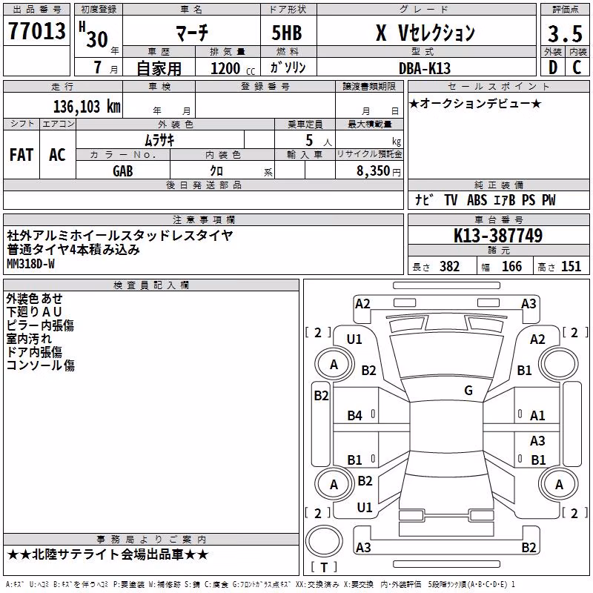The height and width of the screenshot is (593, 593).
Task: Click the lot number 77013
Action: [36, 30]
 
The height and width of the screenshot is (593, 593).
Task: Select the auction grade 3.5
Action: [565, 33]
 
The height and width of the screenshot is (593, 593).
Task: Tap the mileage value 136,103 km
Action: [87, 107]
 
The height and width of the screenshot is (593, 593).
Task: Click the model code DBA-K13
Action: [425, 68]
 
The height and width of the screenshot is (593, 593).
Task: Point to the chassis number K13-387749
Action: [498, 236]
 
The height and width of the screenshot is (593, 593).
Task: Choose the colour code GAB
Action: [123, 171]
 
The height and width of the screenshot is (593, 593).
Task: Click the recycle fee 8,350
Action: [374, 171]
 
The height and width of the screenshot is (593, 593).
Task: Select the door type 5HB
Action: [287, 33]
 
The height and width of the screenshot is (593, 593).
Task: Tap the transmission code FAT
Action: [21, 155]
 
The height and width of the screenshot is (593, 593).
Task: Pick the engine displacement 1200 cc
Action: [233, 68]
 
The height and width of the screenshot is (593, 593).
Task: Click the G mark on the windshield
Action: [468, 390]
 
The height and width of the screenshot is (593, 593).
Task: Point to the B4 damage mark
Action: [354, 416]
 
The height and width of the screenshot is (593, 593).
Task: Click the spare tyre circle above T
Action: [324, 541]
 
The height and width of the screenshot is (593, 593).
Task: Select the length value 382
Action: [449, 266]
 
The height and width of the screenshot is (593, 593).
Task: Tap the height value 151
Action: [571, 266]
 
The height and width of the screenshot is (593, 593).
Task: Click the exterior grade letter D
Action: [553, 67]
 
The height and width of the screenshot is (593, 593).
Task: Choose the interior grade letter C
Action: [577, 67]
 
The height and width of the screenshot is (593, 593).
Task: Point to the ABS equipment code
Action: [477, 200]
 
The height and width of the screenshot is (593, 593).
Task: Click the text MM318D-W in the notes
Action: [30, 264]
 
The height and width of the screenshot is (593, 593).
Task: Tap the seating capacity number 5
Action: [309, 140]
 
